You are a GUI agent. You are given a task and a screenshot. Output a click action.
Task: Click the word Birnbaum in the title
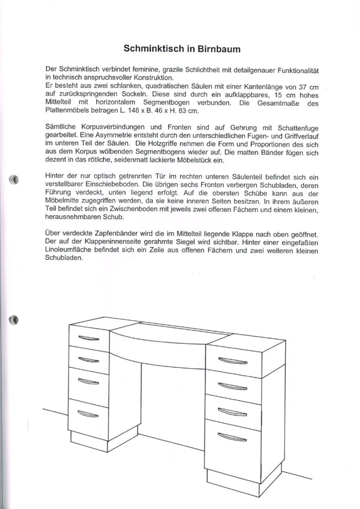click(219, 49)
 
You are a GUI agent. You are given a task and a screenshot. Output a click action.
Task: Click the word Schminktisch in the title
click(153, 49)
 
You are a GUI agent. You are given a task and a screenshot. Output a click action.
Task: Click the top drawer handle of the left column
click(88, 338)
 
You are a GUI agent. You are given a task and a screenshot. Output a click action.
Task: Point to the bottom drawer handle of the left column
click(88, 413)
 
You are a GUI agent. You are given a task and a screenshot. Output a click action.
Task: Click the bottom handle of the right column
click(232, 436)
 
